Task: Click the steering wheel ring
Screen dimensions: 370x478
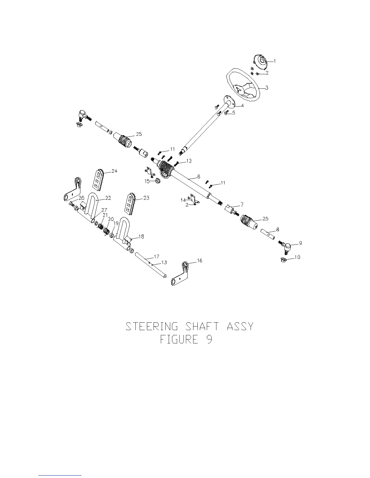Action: pyautogui.click(x=230, y=75)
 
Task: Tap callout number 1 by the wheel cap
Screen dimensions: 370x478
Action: pyautogui.click(x=274, y=61)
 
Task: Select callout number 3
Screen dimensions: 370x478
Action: pyautogui.click(x=267, y=88)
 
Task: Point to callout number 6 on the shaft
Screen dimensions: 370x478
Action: pyautogui.click(x=199, y=176)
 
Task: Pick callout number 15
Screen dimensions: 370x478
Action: pyautogui.click(x=147, y=181)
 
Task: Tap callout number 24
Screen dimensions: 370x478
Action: pyautogui.click(x=114, y=171)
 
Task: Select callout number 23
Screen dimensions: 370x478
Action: pyautogui.click(x=146, y=198)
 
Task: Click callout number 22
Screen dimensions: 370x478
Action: pyautogui.click(x=108, y=198)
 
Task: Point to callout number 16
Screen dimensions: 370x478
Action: pyautogui.click(x=200, y=260)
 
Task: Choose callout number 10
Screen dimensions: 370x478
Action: pyautogui.click(x=297, y=257)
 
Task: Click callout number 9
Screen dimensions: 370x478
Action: pyautogui.click(x=300, y=243)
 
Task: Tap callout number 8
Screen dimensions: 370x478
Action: pyautogui.click(x=277, y=229)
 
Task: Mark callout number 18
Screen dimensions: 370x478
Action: pyautogui.click(x=141, y=237)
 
